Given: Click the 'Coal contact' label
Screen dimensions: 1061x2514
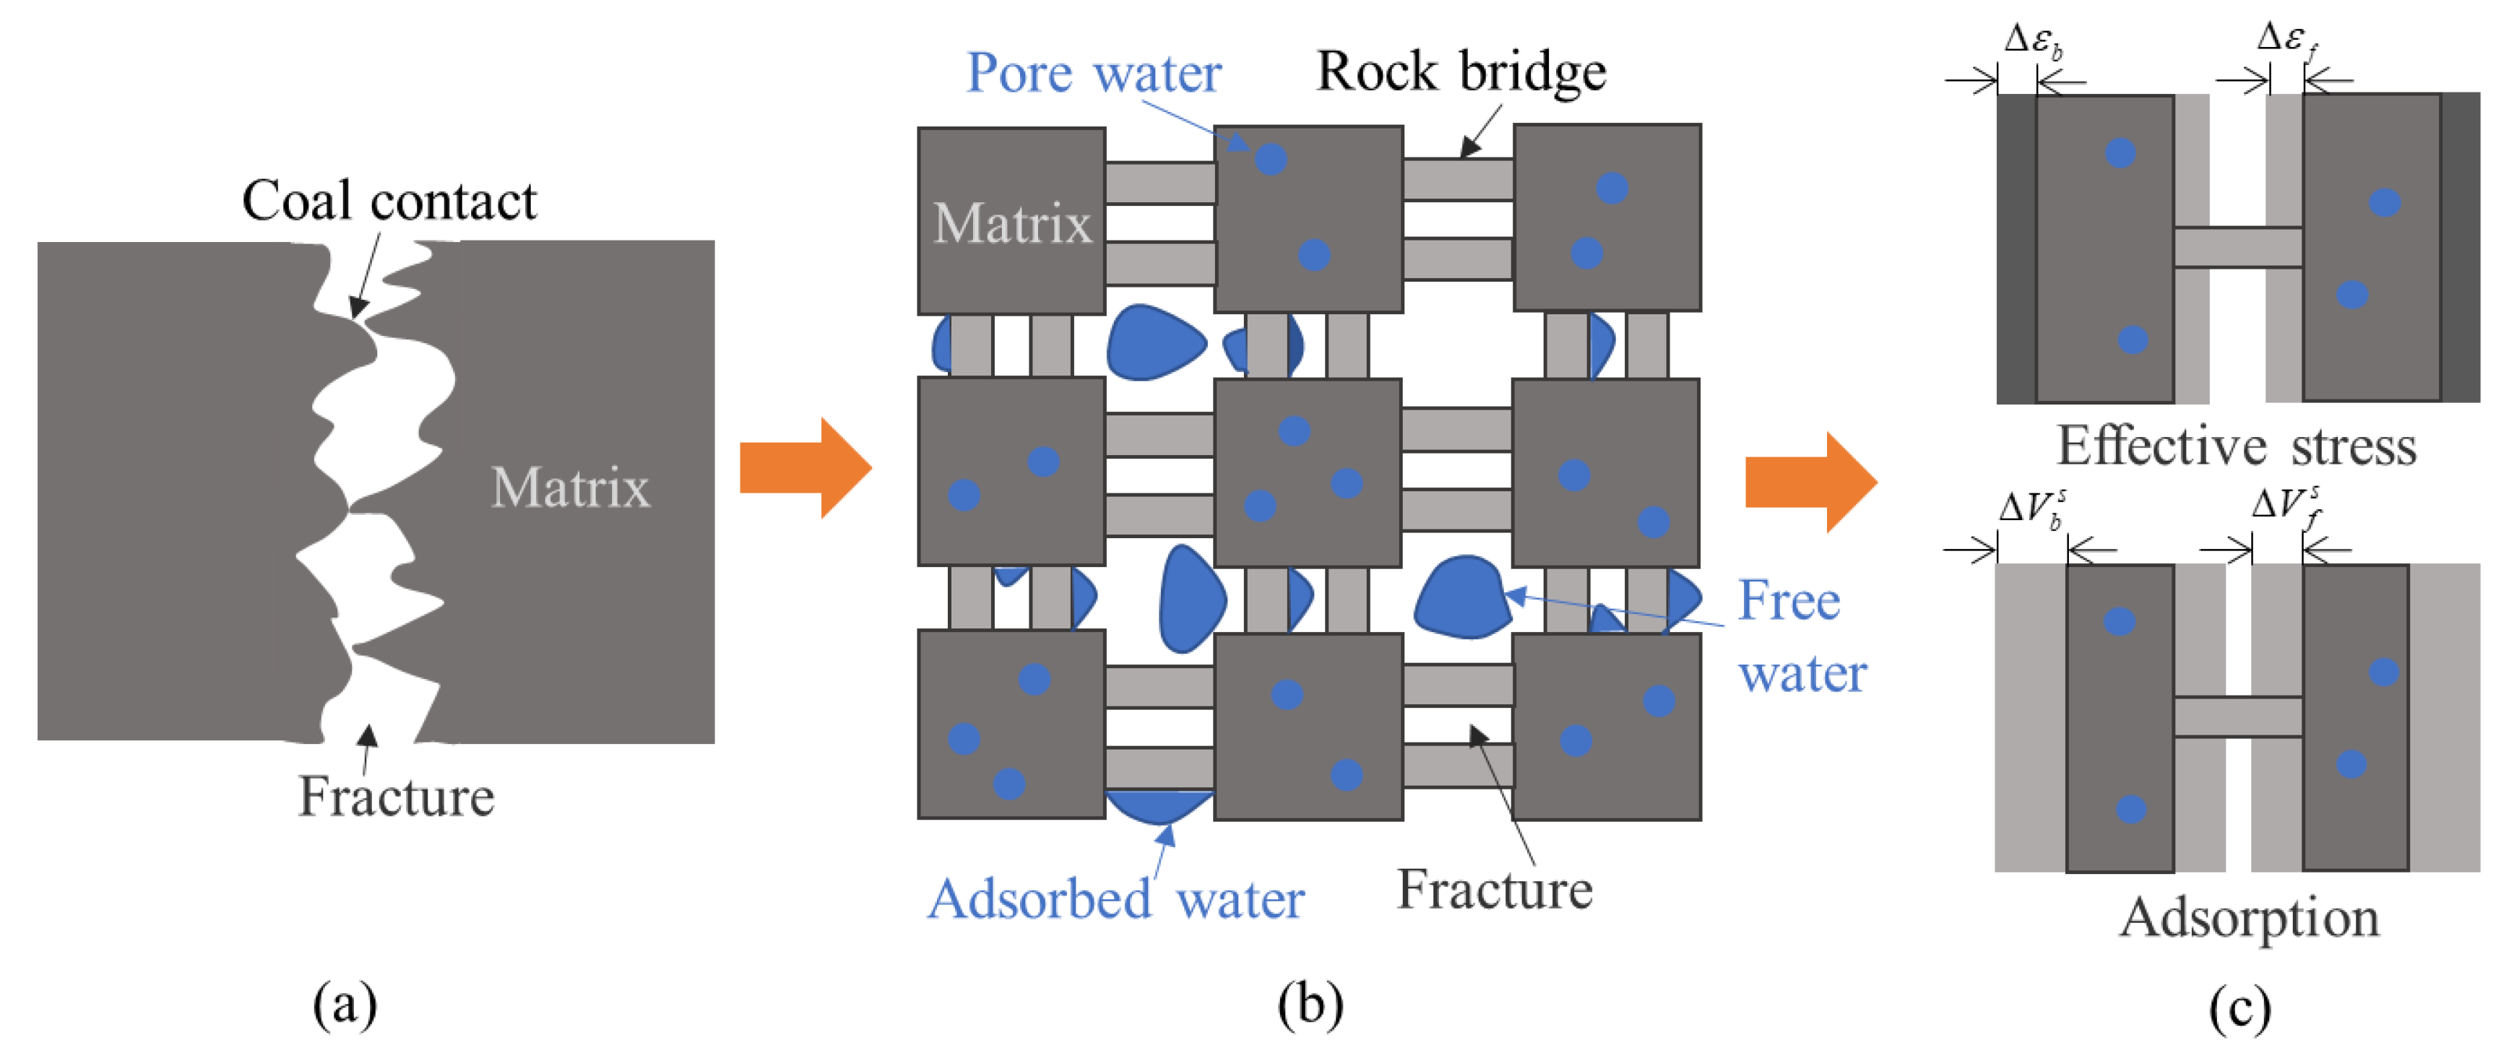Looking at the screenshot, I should click(389, 201).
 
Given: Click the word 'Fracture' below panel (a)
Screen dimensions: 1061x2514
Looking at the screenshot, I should click(396, 797).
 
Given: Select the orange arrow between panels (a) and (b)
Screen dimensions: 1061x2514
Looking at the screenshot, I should click(804, 467).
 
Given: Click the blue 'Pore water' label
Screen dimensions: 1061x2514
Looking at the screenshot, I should click(1093, 73).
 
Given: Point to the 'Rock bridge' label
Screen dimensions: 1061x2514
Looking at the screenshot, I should click(1460, 72).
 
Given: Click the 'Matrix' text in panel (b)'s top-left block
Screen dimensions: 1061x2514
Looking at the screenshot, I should click(1012, 223).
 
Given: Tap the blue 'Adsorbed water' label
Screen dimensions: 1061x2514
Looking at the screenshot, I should click(1115, 899).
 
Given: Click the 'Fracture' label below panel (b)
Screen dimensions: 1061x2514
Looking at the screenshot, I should click(1494, 889).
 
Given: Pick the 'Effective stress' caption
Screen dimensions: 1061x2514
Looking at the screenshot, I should click(2236, 446).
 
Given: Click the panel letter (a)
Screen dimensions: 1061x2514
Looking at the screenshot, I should click(345, 1005).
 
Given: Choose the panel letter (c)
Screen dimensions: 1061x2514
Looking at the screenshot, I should click(2239, 1006).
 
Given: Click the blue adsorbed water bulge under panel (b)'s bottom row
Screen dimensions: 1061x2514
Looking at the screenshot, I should click(1159, 806).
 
